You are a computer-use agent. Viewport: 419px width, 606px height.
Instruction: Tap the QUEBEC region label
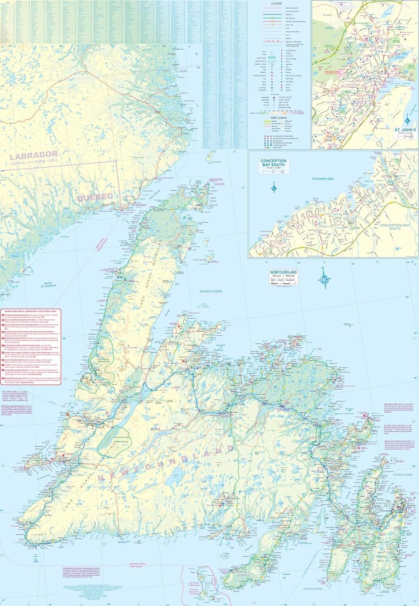(94, 197)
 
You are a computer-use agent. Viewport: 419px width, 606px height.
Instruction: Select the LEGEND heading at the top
(276, 3)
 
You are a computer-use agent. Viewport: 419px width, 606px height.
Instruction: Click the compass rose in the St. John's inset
(408, 119)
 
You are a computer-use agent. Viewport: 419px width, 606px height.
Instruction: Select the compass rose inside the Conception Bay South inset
(274, 187)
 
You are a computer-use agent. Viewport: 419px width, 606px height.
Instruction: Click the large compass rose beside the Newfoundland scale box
(324, 278)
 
